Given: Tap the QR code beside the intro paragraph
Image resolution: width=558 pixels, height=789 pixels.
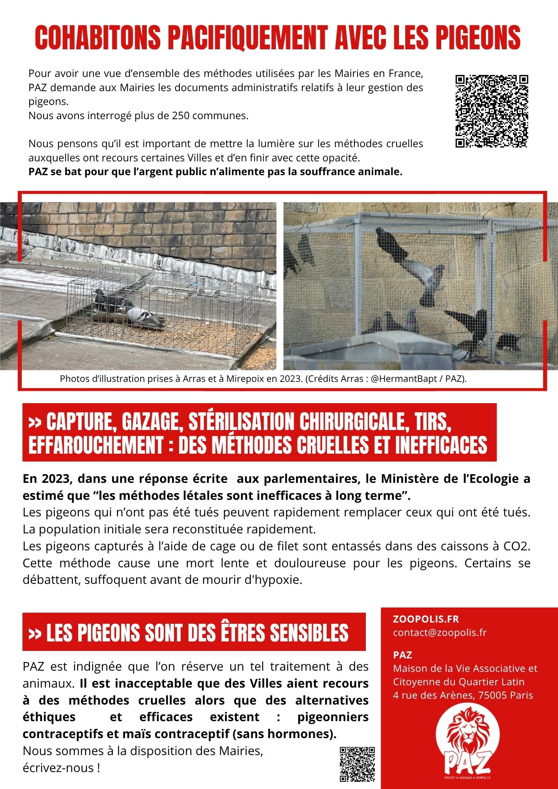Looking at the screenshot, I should [x=492, y=111].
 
